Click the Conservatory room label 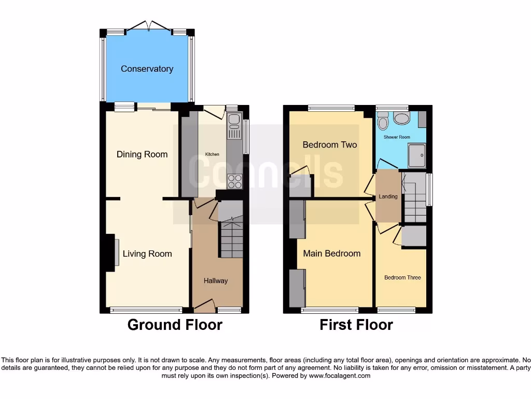coord(147,69)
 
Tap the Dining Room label coord(142,154)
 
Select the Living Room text coord(147,254)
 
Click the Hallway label coord(215,281)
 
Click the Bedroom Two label coord(330,144)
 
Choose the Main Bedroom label coord(332,254)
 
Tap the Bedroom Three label coord(402,277)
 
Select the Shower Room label coord(397,137)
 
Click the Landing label coord(388,196)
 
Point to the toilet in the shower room coord(383,122)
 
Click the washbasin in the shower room coord(401,118)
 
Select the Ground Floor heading coord(175,325)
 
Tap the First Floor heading coord(356,325)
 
